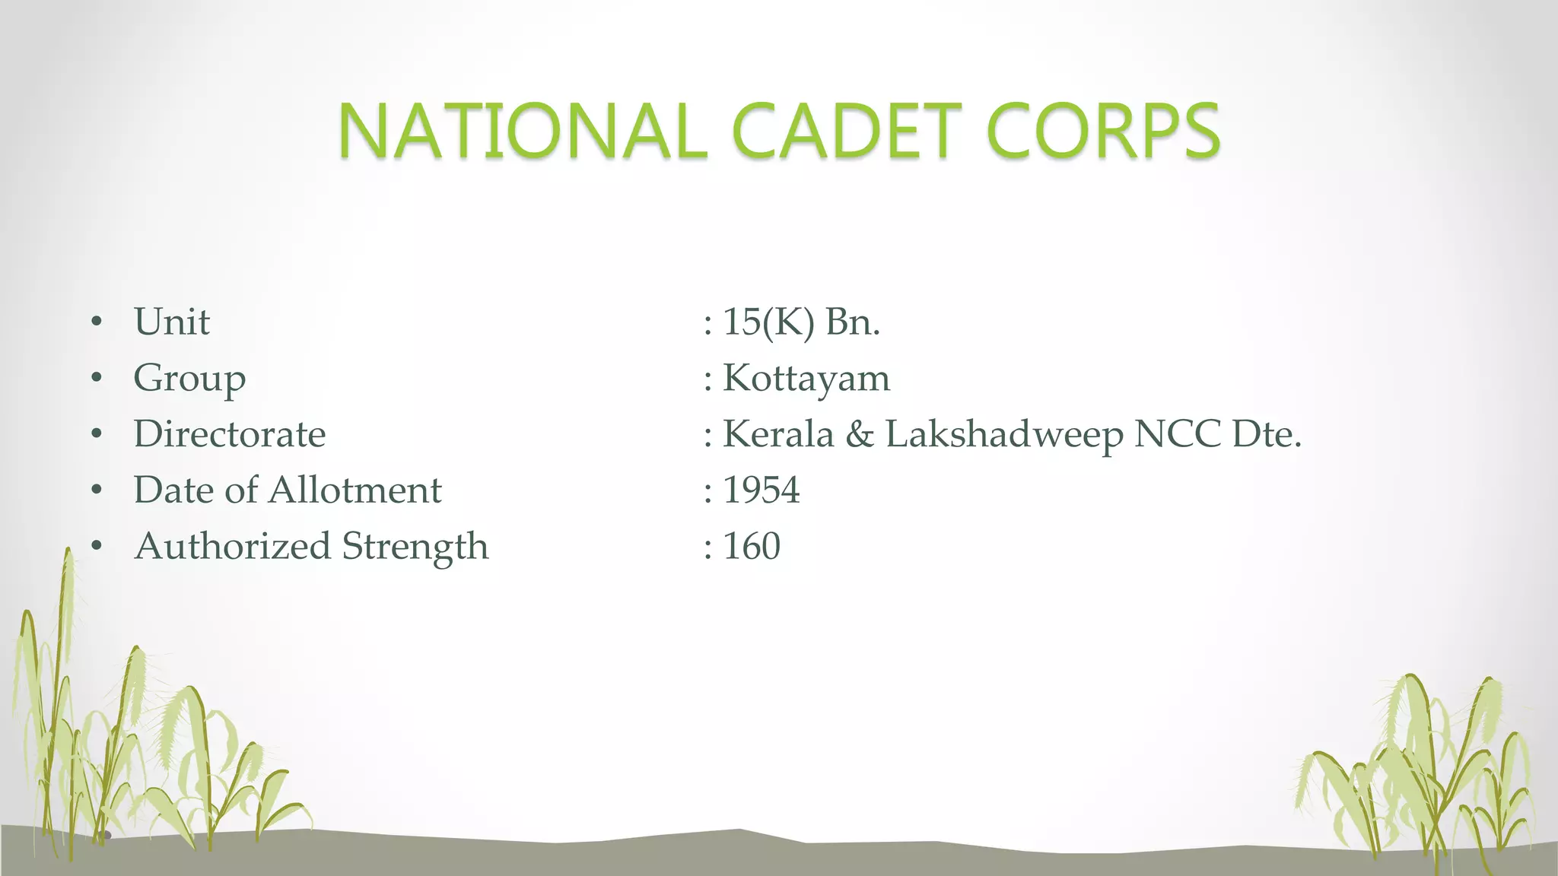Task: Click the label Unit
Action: [x=171, y=322]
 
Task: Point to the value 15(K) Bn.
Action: [x=800, y=322]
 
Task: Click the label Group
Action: [x=189, y=378]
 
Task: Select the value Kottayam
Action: [x=806, y=378]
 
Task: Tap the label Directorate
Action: [x=230, y=434]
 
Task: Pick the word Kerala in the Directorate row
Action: [x=777, y=434]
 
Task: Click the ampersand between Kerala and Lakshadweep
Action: [x=860, y=434]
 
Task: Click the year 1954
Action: [x=761, y=490]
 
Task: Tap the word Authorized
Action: [x=232, y=547]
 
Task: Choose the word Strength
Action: [x=415, y=547]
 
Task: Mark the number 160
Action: [x=752, y=547]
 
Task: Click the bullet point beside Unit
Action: [x=96, y=322]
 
